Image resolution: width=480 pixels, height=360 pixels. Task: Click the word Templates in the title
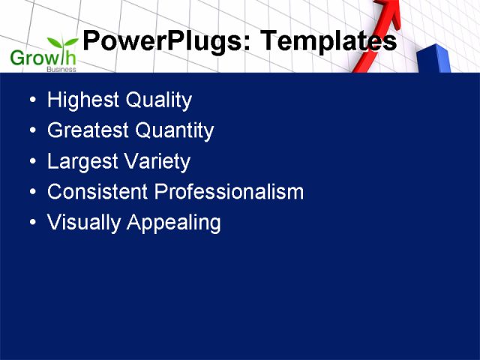click(328, 41)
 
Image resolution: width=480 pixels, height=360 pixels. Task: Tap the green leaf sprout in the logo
click(61, 43)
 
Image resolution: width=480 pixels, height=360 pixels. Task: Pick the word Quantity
click(174, 131)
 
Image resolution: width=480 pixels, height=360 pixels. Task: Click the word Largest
click(79, 162)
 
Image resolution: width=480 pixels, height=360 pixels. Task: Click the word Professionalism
click(229, 192)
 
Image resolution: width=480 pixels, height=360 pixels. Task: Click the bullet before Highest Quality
click(31, 100)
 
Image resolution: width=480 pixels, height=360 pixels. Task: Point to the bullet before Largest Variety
click(31, 162)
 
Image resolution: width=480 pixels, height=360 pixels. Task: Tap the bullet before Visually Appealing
click(31, 223)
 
